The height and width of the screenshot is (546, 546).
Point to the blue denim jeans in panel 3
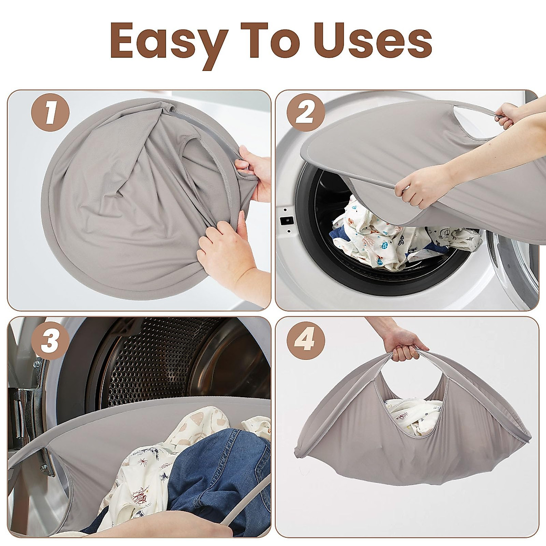218,469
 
